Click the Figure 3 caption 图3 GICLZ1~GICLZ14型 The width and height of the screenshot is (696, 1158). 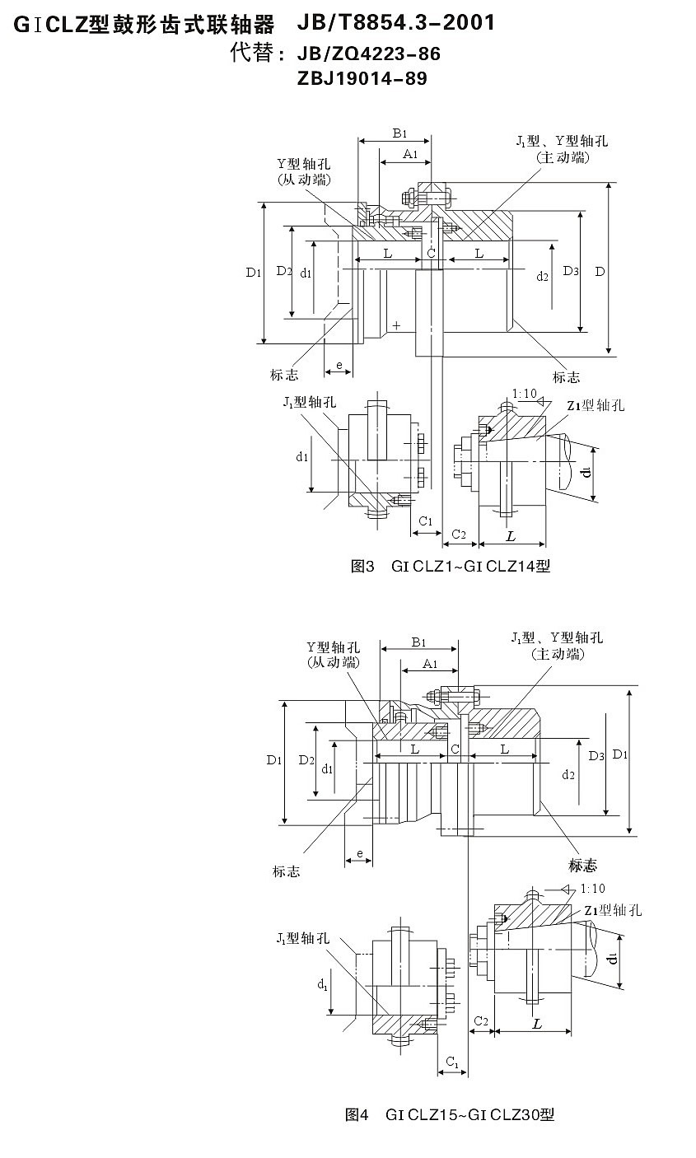(450, 566)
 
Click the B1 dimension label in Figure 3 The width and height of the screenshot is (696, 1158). (399, 133)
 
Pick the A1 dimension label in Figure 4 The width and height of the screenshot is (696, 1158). (430, 663)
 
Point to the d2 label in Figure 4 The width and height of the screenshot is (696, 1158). (568, 774)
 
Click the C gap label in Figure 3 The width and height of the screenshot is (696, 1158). (431, 254)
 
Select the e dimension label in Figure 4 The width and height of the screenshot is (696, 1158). (359, 852)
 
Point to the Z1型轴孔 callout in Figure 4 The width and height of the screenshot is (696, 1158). (613, 910)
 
